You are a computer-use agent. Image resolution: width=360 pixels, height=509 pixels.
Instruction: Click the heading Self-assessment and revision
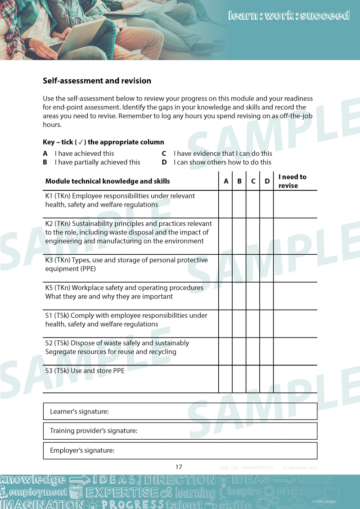point(97,81)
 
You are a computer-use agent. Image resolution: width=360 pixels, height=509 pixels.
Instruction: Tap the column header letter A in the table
point(226,181)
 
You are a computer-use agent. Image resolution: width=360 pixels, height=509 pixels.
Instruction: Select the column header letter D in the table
point(267,181)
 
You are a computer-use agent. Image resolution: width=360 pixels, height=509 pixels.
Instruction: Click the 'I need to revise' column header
point(292,181)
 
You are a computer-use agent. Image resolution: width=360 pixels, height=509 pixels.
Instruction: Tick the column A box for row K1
point(225,204)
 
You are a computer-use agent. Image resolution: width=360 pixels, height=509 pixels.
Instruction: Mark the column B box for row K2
point(239,236)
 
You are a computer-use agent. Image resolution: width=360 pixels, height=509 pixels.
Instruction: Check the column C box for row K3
point(253,268)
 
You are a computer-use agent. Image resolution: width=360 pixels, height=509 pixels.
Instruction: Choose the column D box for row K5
point(267,296)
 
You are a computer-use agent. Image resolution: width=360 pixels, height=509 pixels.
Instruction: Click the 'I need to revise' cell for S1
point(295,324)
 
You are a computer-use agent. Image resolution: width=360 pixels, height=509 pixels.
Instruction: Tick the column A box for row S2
point(225,351)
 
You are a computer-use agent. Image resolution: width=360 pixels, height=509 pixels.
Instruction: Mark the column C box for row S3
point(253,379)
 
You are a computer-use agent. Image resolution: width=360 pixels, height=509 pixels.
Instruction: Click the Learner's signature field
point(180,411)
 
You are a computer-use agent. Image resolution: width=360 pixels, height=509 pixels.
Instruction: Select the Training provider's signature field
point(180,431)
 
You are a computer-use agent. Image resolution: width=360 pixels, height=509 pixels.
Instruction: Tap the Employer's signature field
point(180,450)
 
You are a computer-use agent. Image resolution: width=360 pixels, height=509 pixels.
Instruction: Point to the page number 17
point(179,467)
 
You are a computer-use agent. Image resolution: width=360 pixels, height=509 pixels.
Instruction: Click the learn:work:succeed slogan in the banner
point(289,16)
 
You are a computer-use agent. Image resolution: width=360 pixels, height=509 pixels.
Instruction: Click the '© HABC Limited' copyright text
point(323,502)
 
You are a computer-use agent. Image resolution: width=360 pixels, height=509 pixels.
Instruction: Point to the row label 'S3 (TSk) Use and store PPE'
point(85,371)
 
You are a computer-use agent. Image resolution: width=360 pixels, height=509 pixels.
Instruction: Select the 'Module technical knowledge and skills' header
point(108,181)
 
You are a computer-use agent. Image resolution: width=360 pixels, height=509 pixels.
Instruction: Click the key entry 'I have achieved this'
point(84,153)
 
